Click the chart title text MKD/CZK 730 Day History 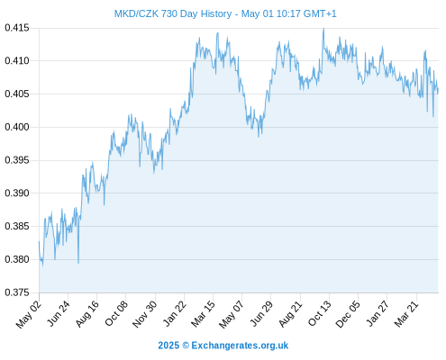click(173, 14)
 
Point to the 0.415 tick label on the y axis click(17, 28)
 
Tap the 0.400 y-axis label click(17, 127)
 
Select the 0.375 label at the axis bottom click(17, 292)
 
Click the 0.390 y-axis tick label click(17, 193)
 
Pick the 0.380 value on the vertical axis click(17, 259)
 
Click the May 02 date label click(29, 314)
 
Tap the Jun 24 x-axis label click(59, 313)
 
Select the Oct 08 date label click(116, 313)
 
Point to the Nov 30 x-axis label click(145, 314)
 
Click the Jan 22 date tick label click(175, 313)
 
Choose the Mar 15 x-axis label click(203, 314)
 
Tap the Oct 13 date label click(320, 313)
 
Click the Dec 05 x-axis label click(348, 314)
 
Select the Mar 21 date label click(406, 314)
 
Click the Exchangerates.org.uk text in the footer click(240, 346)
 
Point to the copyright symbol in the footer click(186, 346)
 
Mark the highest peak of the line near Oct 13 click(323, 29)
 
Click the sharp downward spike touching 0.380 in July click(78, 263)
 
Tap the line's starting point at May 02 click(39, 241)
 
